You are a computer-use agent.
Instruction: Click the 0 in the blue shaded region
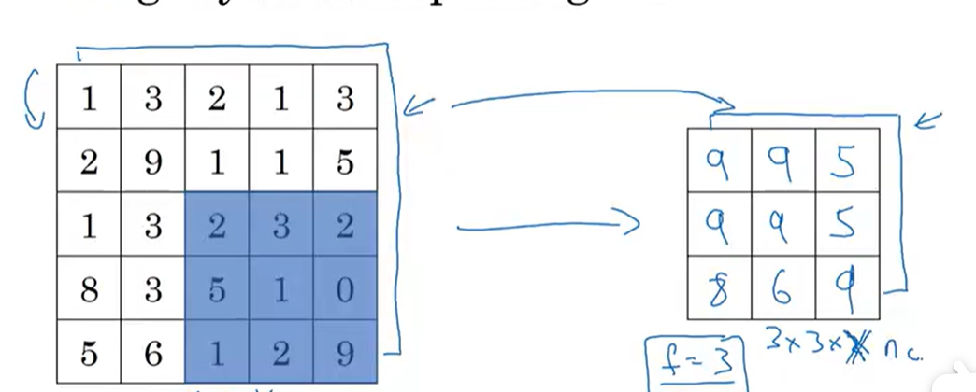pos(344,288)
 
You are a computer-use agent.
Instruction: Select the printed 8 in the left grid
pos(88,288)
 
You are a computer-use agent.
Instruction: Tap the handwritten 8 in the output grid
pos(718,288)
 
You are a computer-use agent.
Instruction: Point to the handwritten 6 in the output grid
pos(782,288)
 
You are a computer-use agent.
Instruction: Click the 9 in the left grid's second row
pos(153,161)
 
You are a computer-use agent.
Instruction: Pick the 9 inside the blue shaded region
pos(344,353)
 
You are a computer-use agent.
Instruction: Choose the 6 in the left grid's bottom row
pos(153,353)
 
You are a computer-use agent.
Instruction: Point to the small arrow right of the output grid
pos(929,120)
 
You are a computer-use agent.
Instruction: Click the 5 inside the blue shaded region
pos(217,288)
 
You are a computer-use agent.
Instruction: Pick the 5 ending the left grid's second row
pos(344,161)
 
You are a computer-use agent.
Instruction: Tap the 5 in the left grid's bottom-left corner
pos(88,353)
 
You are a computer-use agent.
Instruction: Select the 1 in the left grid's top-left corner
pos(88,98)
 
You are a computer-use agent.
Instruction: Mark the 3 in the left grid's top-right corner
pos(344,98)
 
